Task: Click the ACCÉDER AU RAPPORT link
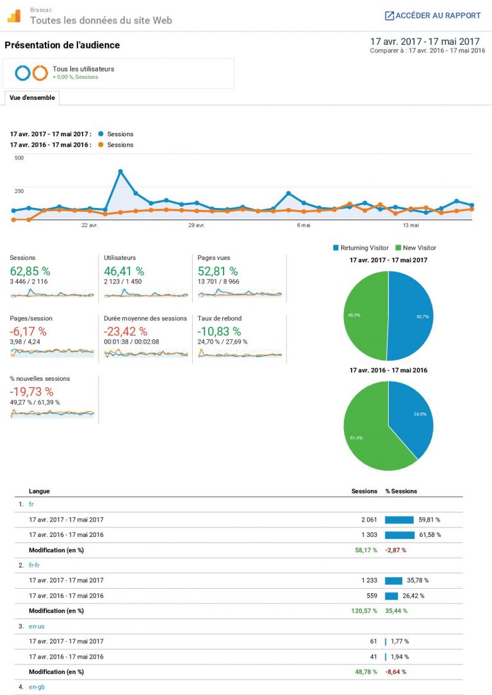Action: [432, 15]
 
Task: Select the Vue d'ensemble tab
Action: [32, 98]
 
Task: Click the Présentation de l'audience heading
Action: [62, 45]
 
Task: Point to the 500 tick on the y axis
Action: [19, 157]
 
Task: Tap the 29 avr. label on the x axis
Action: [196, 225]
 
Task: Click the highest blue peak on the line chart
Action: [120, 172]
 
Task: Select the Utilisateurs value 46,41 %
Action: [124, 271]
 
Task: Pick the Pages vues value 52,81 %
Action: [218, 271]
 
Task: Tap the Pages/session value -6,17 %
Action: [28, 331]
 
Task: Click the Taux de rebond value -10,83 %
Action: [219, 331]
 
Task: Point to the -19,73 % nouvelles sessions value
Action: [31, 391]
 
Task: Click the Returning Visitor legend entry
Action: [361, 248]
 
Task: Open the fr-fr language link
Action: [35, 565]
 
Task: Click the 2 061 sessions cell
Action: [369, 520]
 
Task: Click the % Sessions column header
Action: [401, 491]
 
